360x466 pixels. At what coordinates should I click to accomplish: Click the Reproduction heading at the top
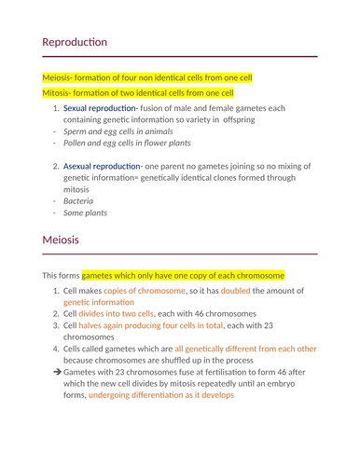coord(75,43)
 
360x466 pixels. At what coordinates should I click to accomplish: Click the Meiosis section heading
coord(61,240)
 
